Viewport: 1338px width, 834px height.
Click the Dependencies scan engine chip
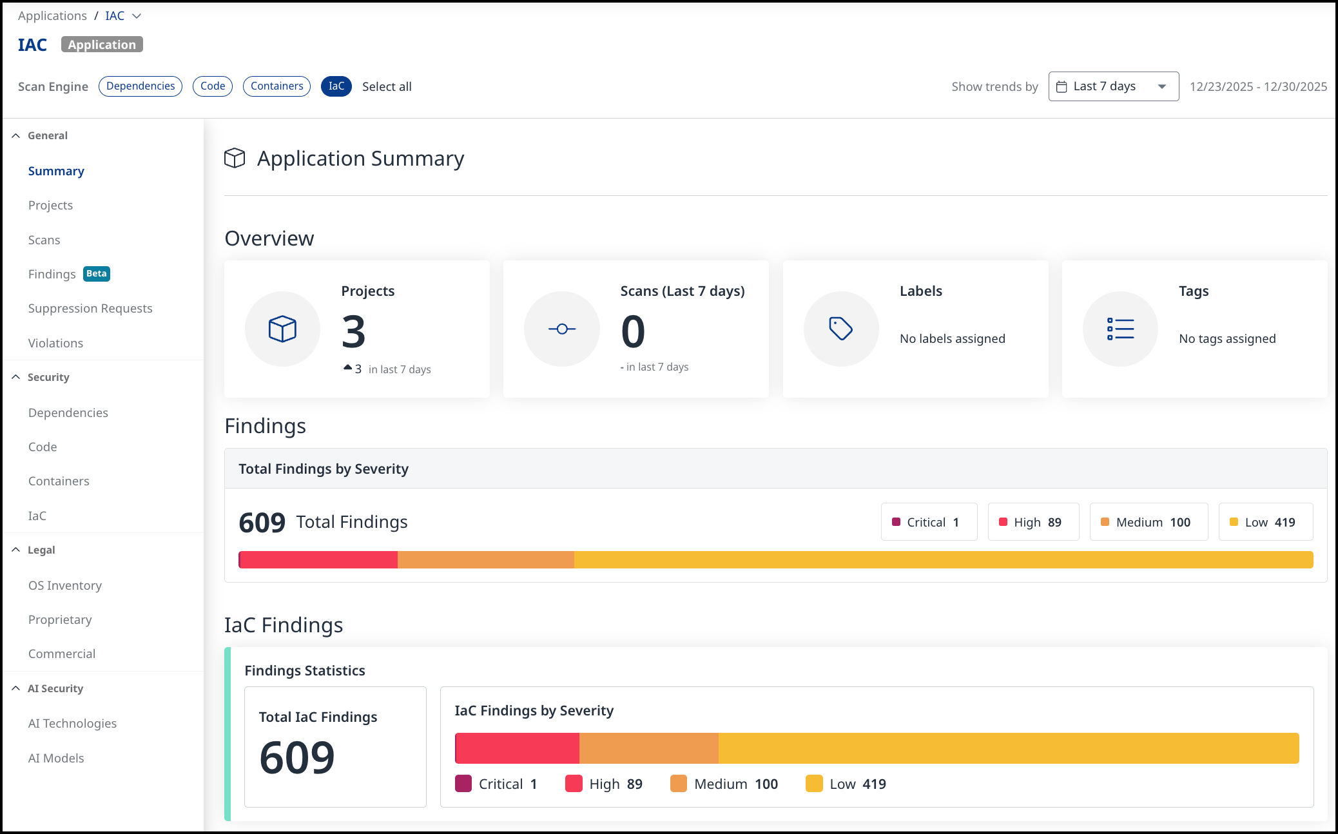[141, 86]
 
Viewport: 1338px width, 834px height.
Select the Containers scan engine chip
[276, 86]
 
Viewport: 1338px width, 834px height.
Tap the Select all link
[387, 87]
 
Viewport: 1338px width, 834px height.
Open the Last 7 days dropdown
[1114, 86]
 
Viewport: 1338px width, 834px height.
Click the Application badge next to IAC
[102, 44]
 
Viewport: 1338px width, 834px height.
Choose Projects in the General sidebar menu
[50, 205]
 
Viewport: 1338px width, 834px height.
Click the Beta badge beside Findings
[97, 274]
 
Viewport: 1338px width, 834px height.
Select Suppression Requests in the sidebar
[90, 308]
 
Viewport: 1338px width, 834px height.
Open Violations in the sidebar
[55, 343]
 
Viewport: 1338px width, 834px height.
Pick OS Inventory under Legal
[65, 585]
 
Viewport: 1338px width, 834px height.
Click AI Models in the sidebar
[56, 758]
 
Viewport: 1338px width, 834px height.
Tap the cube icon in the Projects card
[282, 329]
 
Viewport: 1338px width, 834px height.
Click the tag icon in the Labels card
[840, 329]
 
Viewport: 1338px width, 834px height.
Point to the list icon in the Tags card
[1120, 329]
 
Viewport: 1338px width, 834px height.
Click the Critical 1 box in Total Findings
[929, 522]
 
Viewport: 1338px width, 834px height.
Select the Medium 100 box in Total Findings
[1149, 522]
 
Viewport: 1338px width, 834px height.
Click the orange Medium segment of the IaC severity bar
[649, 748]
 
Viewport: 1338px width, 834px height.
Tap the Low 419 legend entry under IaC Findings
[846, 784]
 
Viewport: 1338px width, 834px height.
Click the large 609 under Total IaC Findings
[297, 757]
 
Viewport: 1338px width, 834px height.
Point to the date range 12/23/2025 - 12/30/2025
[1258, 86]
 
